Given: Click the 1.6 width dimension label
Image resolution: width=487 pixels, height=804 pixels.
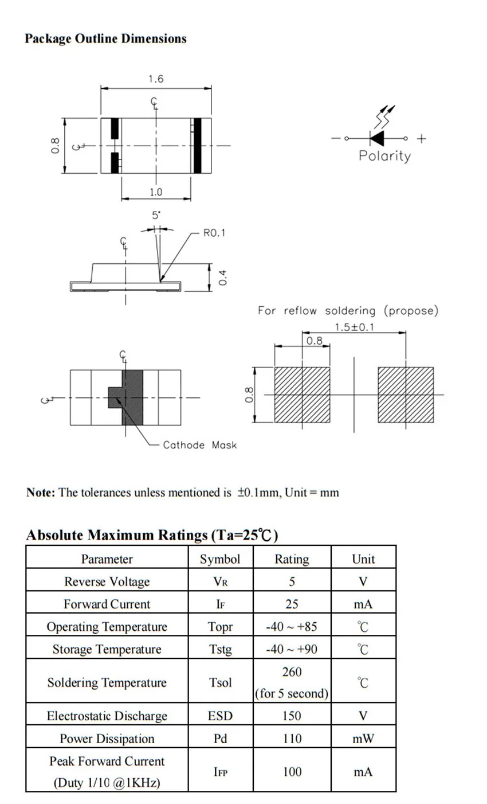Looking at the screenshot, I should coord(155,79).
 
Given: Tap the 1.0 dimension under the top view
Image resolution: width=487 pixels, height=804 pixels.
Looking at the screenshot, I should coord(156,192).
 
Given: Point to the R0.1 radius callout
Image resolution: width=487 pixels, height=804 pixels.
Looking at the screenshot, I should coord(214,233).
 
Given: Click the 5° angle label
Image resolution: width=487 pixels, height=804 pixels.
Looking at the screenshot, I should coord(156,216).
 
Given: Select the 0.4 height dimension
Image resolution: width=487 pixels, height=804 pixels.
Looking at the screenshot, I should coord(224,278).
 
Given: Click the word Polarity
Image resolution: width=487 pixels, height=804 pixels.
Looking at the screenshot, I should coord(384,156).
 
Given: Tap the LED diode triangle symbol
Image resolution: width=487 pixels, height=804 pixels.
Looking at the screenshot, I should coord(377,138).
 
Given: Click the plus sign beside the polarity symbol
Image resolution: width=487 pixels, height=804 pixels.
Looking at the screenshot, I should coord(422,138).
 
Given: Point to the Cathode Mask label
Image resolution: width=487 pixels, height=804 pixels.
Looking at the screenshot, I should coord(199,445).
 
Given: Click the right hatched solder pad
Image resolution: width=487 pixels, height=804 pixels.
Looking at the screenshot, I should coord(405,395).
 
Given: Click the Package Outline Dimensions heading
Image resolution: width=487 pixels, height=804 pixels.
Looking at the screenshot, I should coord(105,39).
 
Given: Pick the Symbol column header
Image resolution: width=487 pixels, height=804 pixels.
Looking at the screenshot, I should coord(220,559).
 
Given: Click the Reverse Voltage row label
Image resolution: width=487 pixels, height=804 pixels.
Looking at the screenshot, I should coord(107,581).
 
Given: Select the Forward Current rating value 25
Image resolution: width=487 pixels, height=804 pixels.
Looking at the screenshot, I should coord(292,604).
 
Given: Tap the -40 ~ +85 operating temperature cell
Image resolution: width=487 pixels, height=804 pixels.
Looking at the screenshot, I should coord(292,626).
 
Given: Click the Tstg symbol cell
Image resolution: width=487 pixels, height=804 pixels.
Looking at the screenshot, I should coord(221,649).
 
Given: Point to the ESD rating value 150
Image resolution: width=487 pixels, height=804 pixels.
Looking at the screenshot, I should coord(292,716).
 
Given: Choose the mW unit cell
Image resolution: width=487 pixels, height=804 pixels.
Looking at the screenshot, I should coord(363,739).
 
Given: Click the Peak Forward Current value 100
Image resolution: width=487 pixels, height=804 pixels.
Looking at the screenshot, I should coord(292,772).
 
